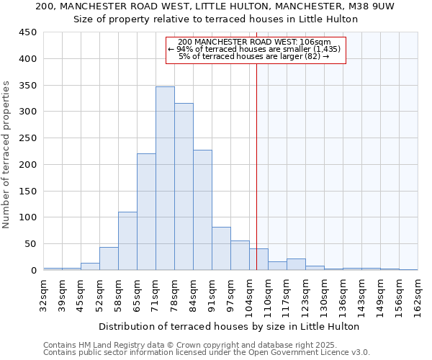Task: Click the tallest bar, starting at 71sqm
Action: (165, 179)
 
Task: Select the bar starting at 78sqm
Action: (184, 186)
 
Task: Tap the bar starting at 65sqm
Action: (146, 212)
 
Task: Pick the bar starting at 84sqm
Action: (202, 210)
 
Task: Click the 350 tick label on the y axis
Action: (27, 86)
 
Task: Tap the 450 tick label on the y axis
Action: (27, 32)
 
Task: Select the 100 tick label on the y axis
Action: (27, 217)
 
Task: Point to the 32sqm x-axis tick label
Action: (43, 293)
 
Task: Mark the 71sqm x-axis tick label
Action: (156, 293)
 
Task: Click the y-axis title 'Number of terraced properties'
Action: (6, 155)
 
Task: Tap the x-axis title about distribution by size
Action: (229, 326)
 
